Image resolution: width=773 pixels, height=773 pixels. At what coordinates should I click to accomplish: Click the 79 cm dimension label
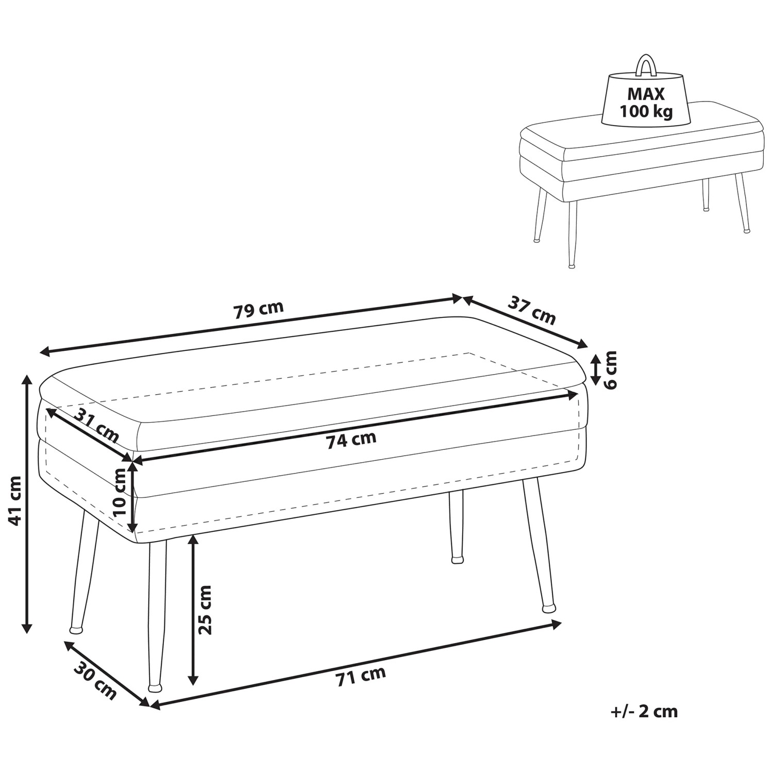click(x=259, y=310)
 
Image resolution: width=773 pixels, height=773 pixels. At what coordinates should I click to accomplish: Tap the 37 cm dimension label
click(x=532, y=310)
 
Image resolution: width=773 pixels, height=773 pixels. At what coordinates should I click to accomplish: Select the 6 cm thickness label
click(x=610, y=370)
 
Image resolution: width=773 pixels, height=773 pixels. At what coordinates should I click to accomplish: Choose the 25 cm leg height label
click(x=205, y=610)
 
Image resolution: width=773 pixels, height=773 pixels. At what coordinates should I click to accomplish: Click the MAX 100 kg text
click(x=646, y=103)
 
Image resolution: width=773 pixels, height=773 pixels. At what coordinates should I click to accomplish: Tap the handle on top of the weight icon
click(x=646, y=64)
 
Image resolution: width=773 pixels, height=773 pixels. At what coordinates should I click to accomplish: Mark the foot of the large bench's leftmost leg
click(x=76, y=629)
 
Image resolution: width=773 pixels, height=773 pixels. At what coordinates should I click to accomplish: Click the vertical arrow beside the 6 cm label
click(x=595, y=370)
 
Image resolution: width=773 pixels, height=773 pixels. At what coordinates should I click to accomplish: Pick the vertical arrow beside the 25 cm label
click(x=193, y=610)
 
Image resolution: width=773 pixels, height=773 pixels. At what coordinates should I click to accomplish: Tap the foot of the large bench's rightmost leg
click(x=549, y=609)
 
